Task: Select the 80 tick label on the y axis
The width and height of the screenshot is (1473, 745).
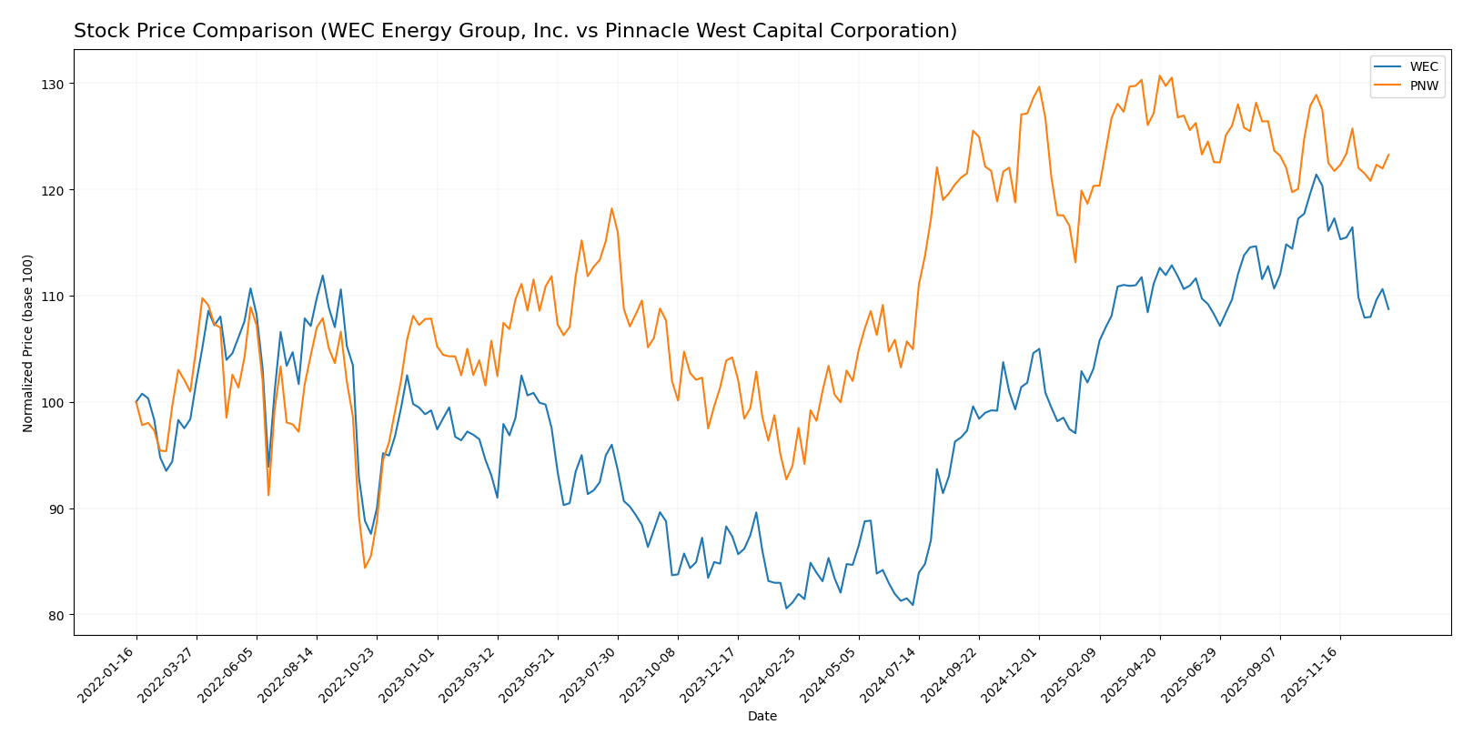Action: [57, 615]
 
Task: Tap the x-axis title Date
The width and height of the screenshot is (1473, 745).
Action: [762, 717]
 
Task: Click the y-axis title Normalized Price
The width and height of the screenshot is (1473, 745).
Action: [28, 343]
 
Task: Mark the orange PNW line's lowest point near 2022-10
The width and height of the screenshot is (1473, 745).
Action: [365, 568]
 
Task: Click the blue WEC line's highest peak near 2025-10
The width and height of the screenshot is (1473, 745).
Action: [1316, 175]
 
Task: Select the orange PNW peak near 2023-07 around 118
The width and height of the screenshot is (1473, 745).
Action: [611, 208]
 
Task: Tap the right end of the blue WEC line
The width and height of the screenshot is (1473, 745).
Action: [1388, 309]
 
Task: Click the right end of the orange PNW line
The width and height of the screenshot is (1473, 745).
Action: [1388, 155]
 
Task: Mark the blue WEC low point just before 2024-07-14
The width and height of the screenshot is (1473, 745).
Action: [913, 605]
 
